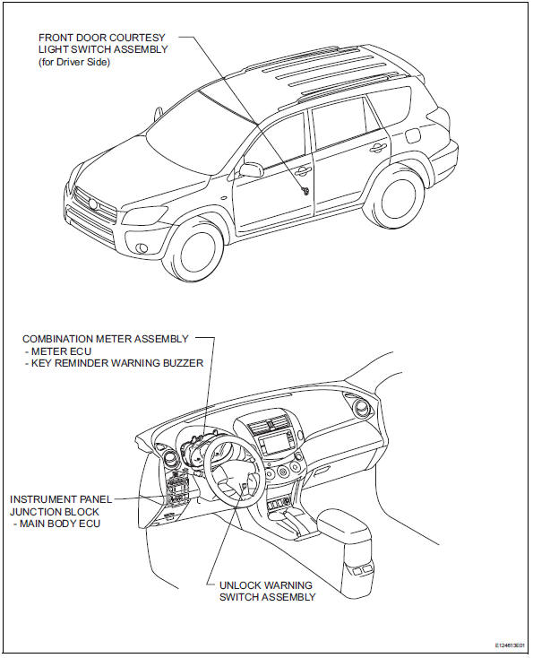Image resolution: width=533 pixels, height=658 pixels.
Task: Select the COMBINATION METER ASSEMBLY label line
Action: tap(106, 339)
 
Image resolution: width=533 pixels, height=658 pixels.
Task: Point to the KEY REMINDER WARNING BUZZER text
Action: tap(115, 364)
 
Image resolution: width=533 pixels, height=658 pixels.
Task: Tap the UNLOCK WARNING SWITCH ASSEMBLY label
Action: tap(267, 591)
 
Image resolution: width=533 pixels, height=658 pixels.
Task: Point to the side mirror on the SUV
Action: tap(251, 169)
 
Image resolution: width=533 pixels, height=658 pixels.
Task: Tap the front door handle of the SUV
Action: tap(305, 169)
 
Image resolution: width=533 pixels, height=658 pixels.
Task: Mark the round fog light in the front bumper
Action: tap(145, 247)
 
